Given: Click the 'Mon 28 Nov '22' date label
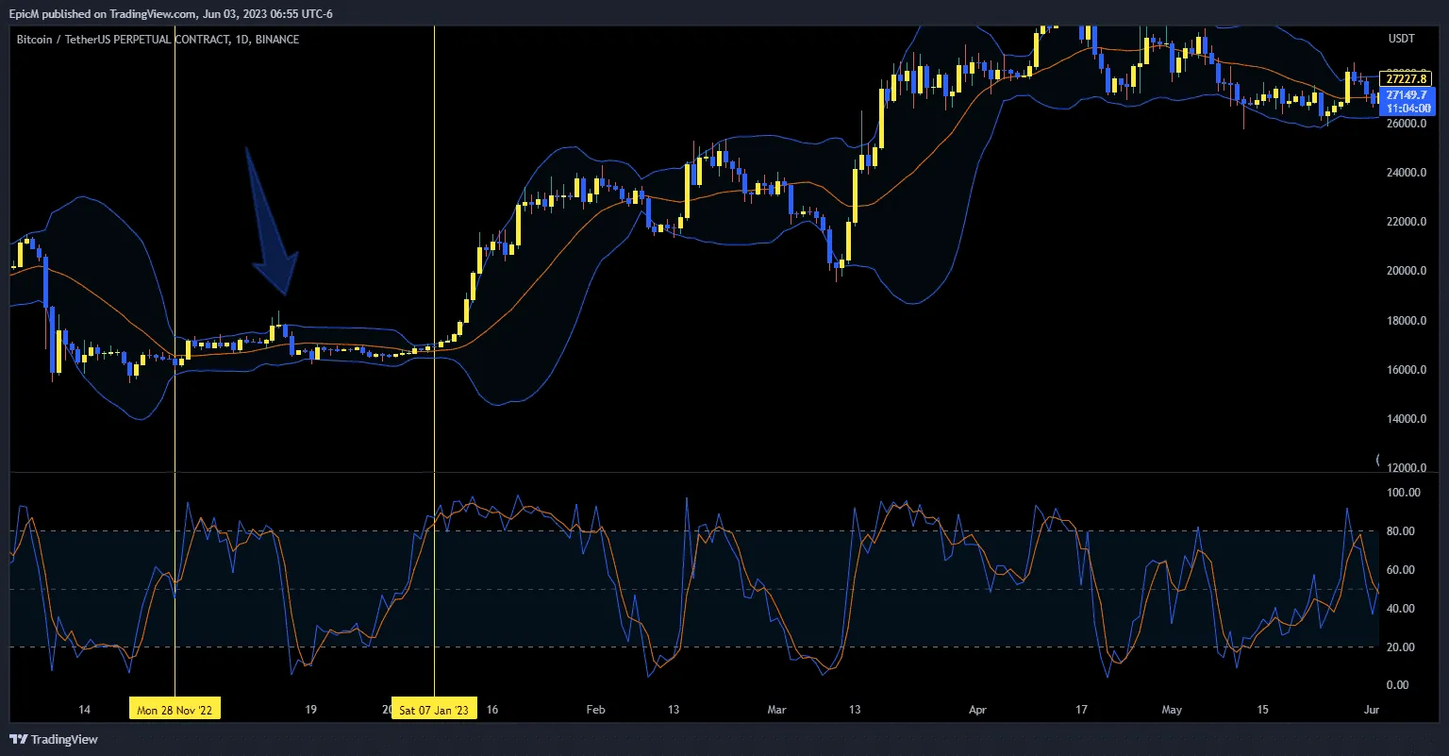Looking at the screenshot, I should click(175, 709).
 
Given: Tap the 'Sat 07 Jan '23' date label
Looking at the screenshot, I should click(433, 709).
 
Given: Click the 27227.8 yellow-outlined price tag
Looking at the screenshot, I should click(1405, 78).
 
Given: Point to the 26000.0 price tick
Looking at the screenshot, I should click(1406, 124).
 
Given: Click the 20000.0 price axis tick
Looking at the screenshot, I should click(1406, 272).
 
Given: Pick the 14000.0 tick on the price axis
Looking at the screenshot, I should click(1406, 419).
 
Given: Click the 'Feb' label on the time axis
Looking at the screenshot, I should click(595, 709).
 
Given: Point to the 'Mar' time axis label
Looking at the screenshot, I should click(776, 709).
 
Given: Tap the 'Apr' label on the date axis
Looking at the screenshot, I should click(977, 709).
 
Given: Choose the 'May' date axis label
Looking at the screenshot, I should click(1172, 709).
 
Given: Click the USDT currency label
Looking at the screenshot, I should click(1402, 39).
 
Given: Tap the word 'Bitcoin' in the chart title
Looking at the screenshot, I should click(36, 40).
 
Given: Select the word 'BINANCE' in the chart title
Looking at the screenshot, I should click(277, 40).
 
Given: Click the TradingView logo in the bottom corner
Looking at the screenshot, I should click(54, 739).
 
